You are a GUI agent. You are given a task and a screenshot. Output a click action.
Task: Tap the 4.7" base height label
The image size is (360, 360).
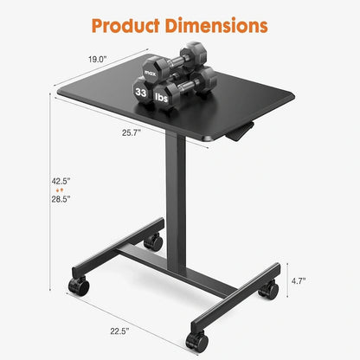(322, 281)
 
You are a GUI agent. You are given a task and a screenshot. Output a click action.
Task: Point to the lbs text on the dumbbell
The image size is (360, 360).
(162, 97)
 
